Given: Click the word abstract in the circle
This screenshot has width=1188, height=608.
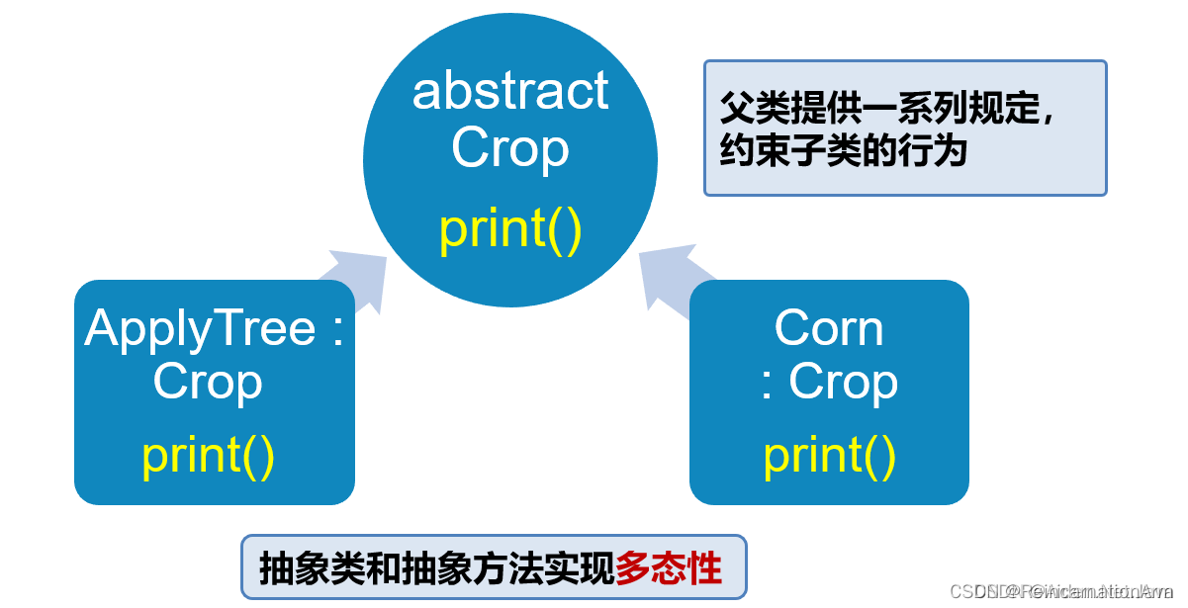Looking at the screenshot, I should (509, 92).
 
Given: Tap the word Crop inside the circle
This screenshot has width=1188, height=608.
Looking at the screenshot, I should (509, 148).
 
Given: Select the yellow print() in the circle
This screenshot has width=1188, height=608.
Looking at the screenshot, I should (509, 228).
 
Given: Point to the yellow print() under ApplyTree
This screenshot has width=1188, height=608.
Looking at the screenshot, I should (208, 455).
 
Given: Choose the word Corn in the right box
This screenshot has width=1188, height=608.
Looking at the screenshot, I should (829, 327).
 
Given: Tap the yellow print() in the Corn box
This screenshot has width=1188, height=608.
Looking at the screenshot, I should (829, 455).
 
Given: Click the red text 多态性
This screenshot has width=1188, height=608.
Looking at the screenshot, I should (669, 568).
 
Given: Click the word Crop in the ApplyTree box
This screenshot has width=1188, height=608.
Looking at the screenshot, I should (208, 382).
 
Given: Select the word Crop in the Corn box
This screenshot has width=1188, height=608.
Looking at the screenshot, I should (844, 382).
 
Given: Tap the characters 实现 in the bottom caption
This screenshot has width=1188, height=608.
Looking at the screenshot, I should (580, 568).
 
